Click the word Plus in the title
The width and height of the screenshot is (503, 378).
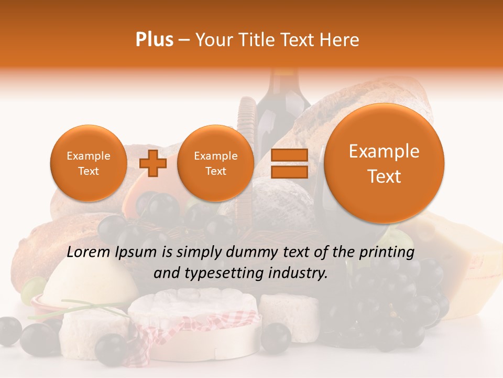pyautogui.click(x=154, y=40)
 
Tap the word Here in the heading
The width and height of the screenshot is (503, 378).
pyautogui.click(x=341, y=40)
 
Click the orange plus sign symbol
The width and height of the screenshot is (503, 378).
pyautogui.click(x=153, y=163)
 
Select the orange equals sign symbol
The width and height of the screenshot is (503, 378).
pyautogui.click(x=289, y=163)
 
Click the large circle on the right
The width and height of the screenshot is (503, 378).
pyautogui.click(x=384, y=163)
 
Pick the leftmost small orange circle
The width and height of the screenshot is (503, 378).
pyautogui.click(x=88, y=163)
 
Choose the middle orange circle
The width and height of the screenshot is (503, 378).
pyautogui.click(x=215, y=163)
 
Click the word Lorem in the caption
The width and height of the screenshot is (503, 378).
pyautogui.click(x=89, y=253)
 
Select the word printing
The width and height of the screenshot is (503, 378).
pyautogui.click(x=387, y=253)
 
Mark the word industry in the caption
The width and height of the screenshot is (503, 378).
pyautogui.click(x=299, y=274)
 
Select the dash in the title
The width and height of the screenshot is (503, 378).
pyautogui.click(x=184, y=40)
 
